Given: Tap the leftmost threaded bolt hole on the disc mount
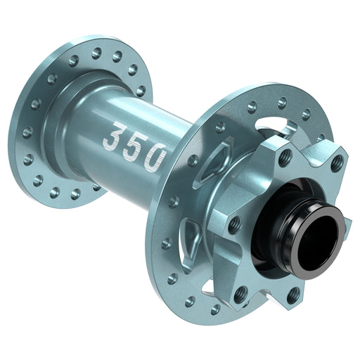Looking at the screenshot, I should pyautogui.click(x=234, y=224).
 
